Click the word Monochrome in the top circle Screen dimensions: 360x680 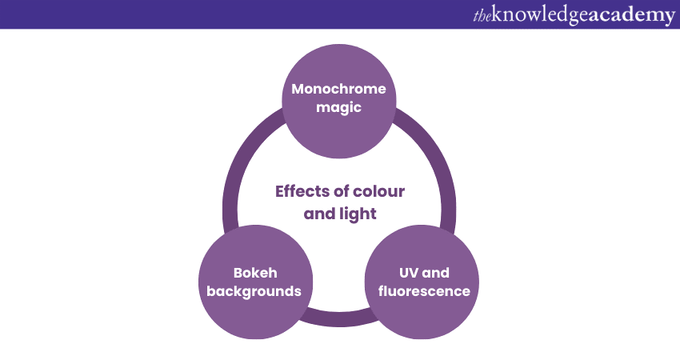click(338, 89)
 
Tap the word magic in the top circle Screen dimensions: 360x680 click(338, 108)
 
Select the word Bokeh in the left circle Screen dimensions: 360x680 click(254, 272)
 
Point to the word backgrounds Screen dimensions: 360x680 click(254, 291)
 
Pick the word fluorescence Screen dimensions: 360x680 click(424, 291)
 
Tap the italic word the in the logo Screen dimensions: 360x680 click(484, 15)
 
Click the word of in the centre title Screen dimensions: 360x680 click(342, 192)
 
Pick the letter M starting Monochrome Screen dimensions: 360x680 click(298, 89)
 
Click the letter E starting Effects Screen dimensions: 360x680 click(280, 192)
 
